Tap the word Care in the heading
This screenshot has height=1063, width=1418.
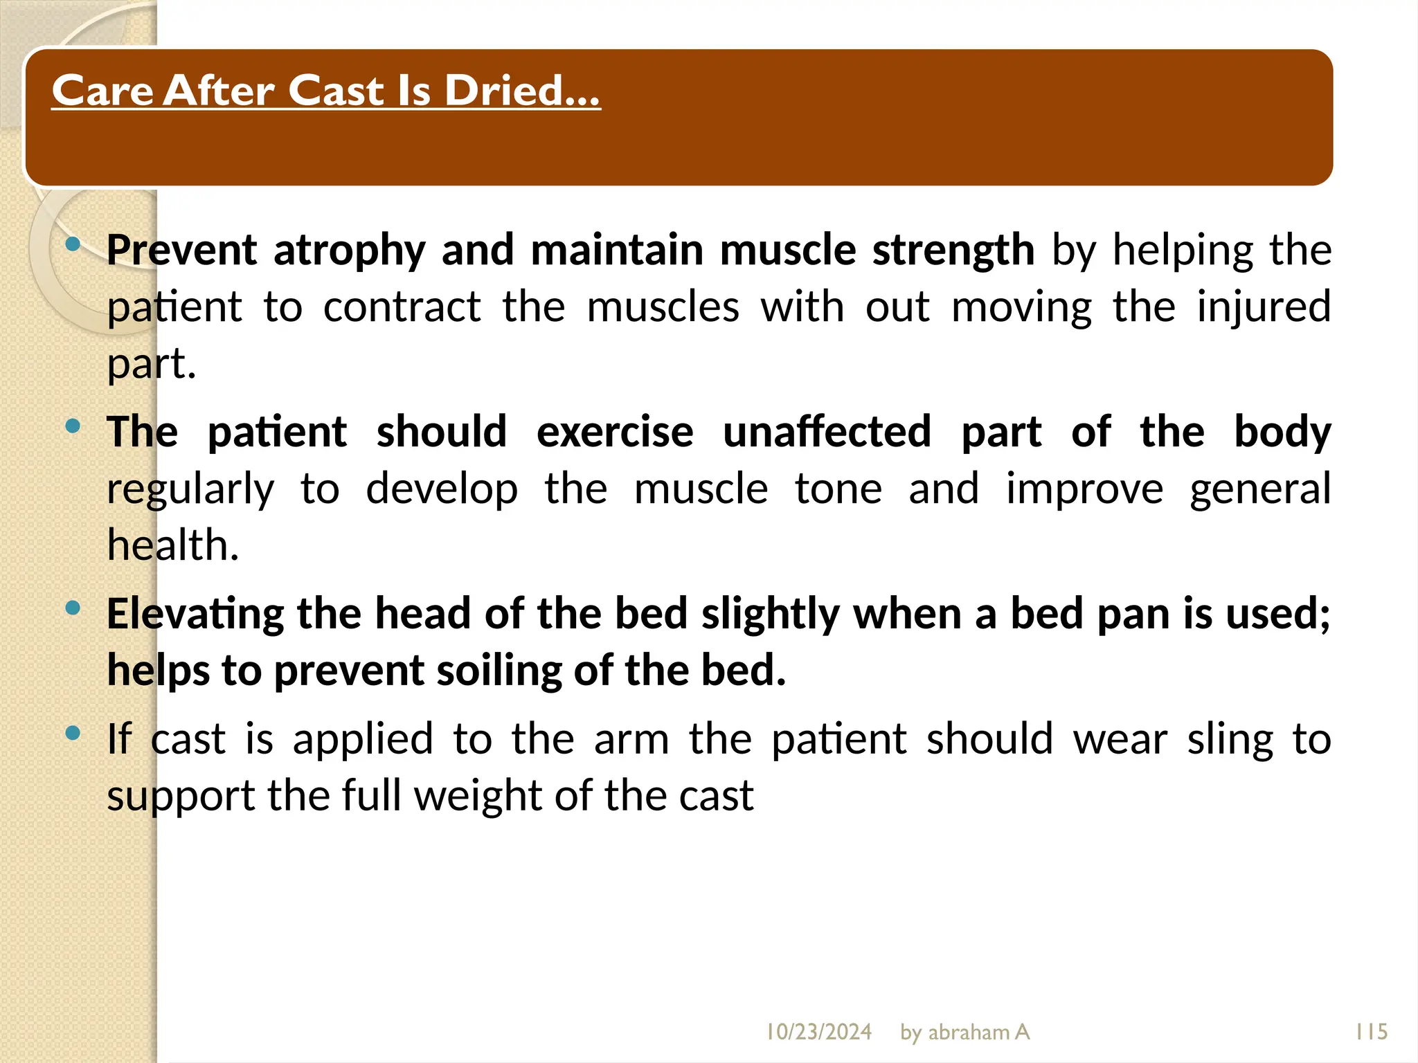[102, 91]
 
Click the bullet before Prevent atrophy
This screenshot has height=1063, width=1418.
[73, 244]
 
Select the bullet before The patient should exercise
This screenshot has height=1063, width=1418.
[73, 426]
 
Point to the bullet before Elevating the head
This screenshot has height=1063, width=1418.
[73, 608]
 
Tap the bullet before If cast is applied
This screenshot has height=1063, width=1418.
[73, 733]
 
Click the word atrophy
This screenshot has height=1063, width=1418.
[349, 251]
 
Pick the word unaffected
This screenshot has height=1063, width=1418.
[827, 432]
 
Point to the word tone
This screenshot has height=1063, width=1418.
[838, 489]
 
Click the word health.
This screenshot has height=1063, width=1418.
[172, 545]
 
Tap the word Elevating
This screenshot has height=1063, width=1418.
[195, 615]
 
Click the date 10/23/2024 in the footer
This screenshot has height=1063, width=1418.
[818, 1032]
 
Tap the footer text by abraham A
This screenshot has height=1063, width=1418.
[964, 1032]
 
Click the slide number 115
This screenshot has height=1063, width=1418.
[1371, 1032]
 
